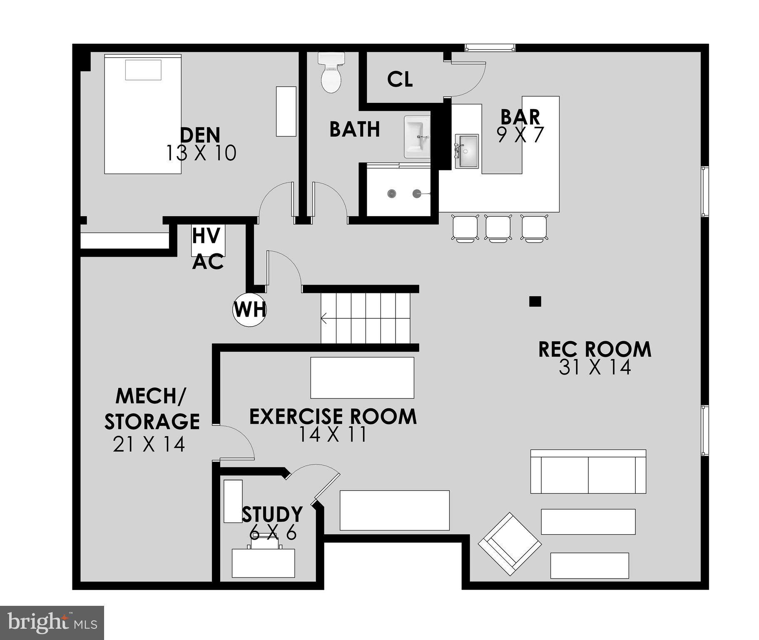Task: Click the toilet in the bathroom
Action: point(331,73)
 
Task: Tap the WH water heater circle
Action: point(249,310)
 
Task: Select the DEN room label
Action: point(200,135)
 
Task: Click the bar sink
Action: point(466,151)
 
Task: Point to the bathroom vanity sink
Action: point(417,137)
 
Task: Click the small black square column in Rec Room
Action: point(535,301)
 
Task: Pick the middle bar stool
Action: point(498,227)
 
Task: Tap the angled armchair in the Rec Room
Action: point(509,544)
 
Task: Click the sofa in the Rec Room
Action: point(588,471)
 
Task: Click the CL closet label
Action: point(400,79)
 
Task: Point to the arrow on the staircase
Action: point(324,320)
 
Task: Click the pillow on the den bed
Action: point(143,70)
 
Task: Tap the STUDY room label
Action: point(272,515)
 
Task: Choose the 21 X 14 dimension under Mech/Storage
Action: point(149,445)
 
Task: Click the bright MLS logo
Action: point(52,623)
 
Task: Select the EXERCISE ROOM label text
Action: point(333,417)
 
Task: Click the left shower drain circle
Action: point(391,193)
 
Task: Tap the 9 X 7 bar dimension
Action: point(520,135)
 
